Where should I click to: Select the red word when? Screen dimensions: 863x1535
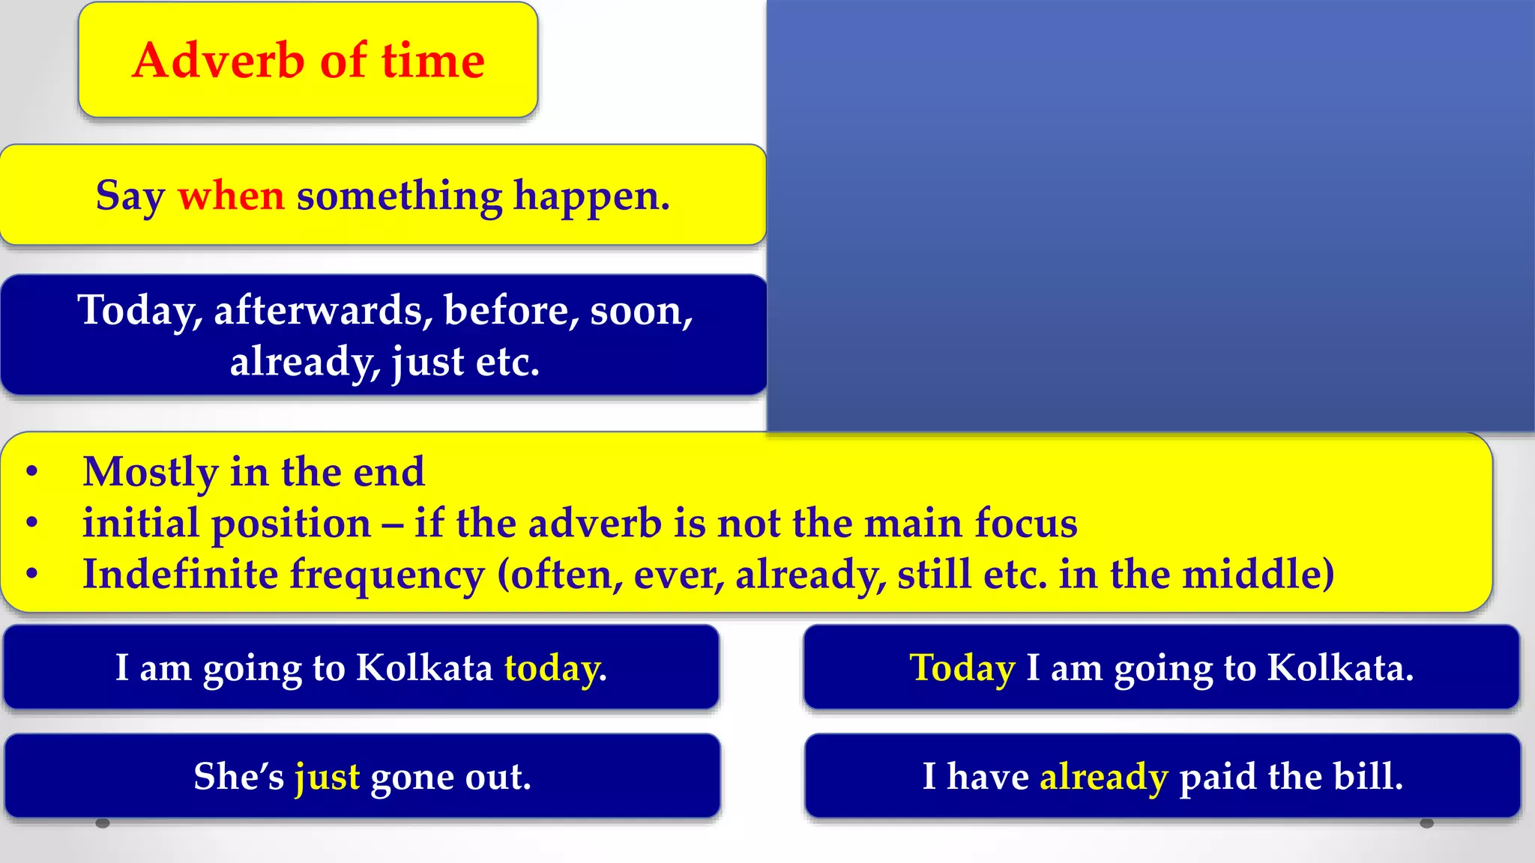pyautogui.click(x=231, y=196)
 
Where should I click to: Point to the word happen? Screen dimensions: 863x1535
pyautogui.click(x=591, y=196)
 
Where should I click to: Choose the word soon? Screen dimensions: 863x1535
pyautogui.click(x=641, y=310)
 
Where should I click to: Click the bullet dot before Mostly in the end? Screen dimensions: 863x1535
pyautogui.click(x=31, y=472)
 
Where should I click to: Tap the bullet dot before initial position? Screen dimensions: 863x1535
pyautogui.click(x=31, y=523)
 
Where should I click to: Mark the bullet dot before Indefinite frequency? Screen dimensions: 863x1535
pyautogui.click(x=31, y=575)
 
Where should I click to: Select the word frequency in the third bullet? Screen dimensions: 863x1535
pyautogui.click(x=387, y=575)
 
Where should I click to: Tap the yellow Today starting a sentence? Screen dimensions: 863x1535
pyautogui.click(x=962, y=667)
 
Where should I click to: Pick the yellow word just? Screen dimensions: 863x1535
pyautogui.click(x=327, y=776)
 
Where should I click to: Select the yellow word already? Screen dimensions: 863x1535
pyautogui.click(x=1103, y=776)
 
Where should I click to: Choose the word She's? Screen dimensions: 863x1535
pyautogui.click(x=238, y=776)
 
